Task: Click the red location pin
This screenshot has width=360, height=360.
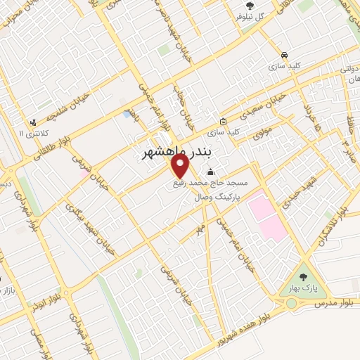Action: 181,166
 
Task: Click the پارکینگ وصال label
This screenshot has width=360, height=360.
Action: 215,198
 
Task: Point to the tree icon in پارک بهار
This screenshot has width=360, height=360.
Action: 304,277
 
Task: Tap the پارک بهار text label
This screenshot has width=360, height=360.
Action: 304,289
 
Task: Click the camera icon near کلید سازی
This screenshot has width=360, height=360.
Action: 223,121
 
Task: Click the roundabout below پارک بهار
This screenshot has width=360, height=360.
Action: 291,303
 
